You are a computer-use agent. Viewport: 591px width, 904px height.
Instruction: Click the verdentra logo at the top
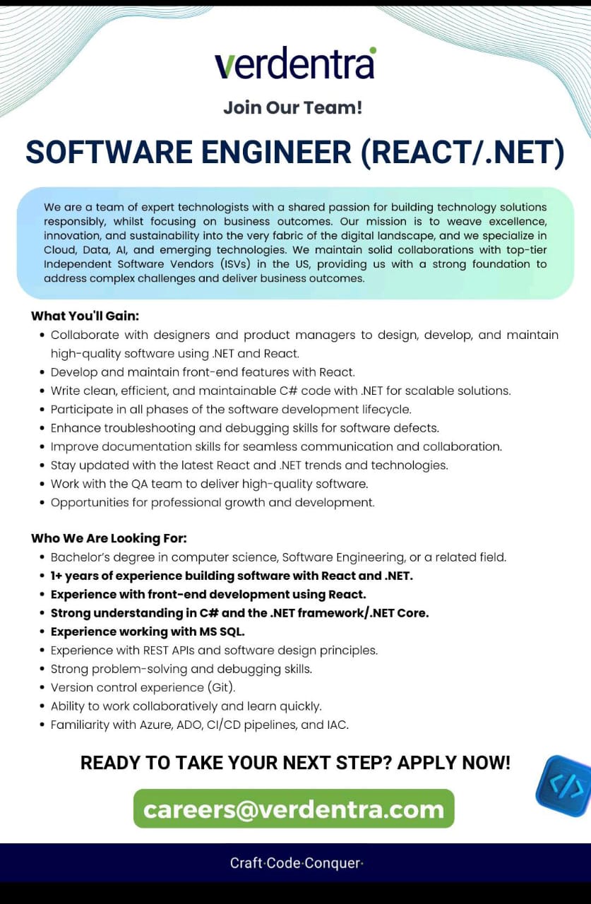[295, 64]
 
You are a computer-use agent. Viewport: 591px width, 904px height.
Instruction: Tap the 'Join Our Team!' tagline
[292, 108]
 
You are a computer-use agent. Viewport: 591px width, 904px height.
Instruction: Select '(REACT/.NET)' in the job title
[462, 153]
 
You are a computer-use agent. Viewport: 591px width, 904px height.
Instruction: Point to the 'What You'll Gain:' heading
[85, 316]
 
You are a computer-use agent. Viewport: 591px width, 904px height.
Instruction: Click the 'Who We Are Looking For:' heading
[109, 538]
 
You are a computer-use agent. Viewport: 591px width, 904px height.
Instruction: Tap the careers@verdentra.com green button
[294, 809]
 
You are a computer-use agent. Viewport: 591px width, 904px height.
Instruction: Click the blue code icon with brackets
[565, 785]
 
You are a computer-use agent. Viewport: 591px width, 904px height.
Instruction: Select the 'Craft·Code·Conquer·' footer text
[296, 863]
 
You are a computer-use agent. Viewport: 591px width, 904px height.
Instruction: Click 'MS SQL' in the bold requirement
[221, 631]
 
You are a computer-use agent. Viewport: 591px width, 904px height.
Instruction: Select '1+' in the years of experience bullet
[57, 576]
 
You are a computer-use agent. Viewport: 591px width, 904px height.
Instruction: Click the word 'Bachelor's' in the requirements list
[79, 557]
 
